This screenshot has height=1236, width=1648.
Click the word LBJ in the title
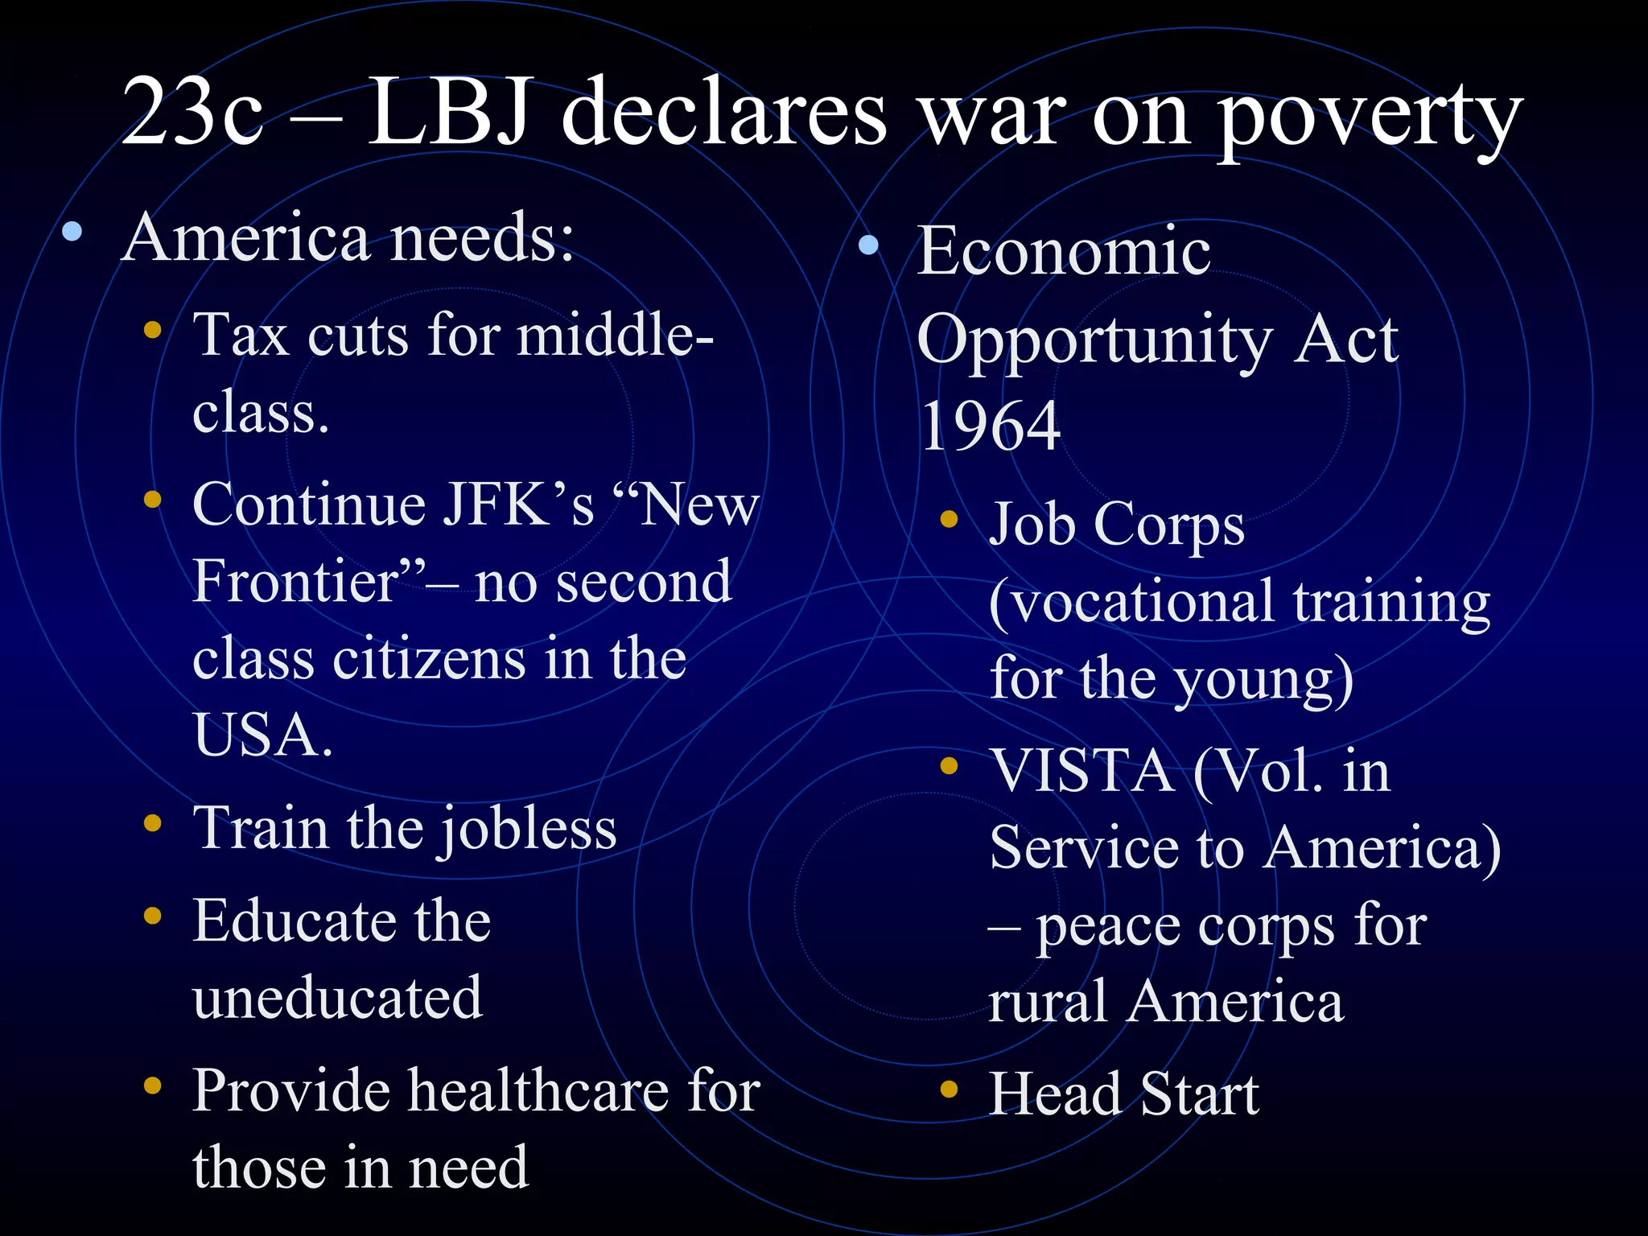[451, 113]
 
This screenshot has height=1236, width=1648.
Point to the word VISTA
[1081, 771]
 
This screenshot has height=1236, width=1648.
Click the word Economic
[1064, 251]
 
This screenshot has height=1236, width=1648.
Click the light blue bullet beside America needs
[72, 233]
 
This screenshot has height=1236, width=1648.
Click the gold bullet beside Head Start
[949, 1089]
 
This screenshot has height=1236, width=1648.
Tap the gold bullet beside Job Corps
[949, 519]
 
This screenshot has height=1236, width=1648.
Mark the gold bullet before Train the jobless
[152, 823]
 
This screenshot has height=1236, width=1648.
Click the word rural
[1046, 1003]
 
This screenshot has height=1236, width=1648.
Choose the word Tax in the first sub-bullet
[240, 335]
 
